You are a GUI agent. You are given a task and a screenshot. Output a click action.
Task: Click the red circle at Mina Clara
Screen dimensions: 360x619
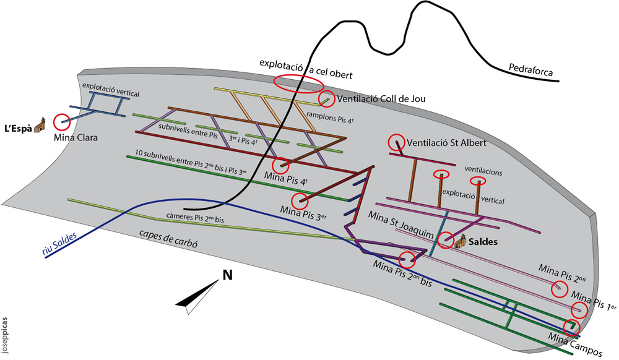click(x=62, y=122)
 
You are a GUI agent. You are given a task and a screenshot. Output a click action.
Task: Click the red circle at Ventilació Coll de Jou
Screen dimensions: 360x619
click(x=326, y=98)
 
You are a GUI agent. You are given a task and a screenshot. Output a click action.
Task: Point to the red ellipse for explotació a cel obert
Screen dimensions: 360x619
click(x=298, y=84)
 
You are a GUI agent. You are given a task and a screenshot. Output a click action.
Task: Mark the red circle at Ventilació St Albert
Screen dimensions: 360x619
click(x=396, y=143)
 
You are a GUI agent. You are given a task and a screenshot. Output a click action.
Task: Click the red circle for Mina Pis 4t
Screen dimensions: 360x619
click(x=280, y=165)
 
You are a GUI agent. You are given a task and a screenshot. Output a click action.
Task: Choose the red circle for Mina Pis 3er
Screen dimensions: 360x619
click(x=300, y=200)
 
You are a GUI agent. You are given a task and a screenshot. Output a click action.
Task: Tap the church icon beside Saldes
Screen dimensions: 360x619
click(x=460, y=243)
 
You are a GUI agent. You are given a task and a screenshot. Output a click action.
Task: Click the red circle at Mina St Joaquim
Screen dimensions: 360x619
click(x=445, y=241)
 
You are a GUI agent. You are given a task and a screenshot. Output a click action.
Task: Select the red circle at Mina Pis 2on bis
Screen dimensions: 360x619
click(x=407, y=260)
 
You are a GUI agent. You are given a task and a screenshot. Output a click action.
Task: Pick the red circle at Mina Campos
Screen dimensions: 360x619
click(x=571, y=327)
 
